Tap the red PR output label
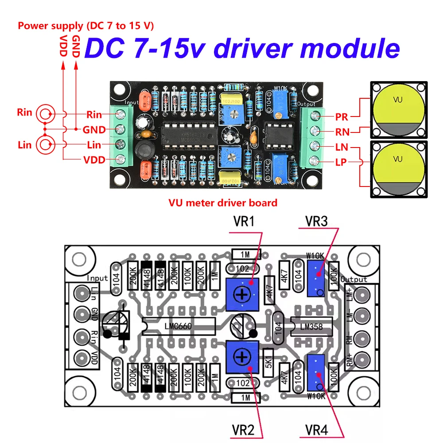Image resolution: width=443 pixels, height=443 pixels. coord(342,117)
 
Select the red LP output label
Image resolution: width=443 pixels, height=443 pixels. coord(342,162)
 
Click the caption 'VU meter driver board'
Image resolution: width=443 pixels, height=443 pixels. coord(223,203)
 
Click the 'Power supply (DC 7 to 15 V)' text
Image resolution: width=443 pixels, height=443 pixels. coord(85,26)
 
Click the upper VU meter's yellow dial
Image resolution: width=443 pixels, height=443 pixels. coord(397,104)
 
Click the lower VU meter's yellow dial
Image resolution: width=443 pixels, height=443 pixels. coord(397,164)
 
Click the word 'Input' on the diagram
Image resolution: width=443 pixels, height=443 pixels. coord(97,278)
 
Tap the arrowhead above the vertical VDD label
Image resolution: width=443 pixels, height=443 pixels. coord(62,65)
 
